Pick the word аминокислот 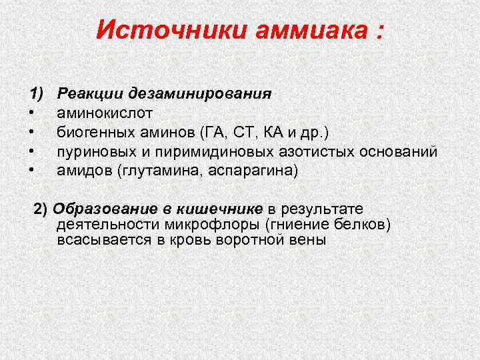[105, 113]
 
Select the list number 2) [41, 209]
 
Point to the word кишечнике [219, 209]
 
